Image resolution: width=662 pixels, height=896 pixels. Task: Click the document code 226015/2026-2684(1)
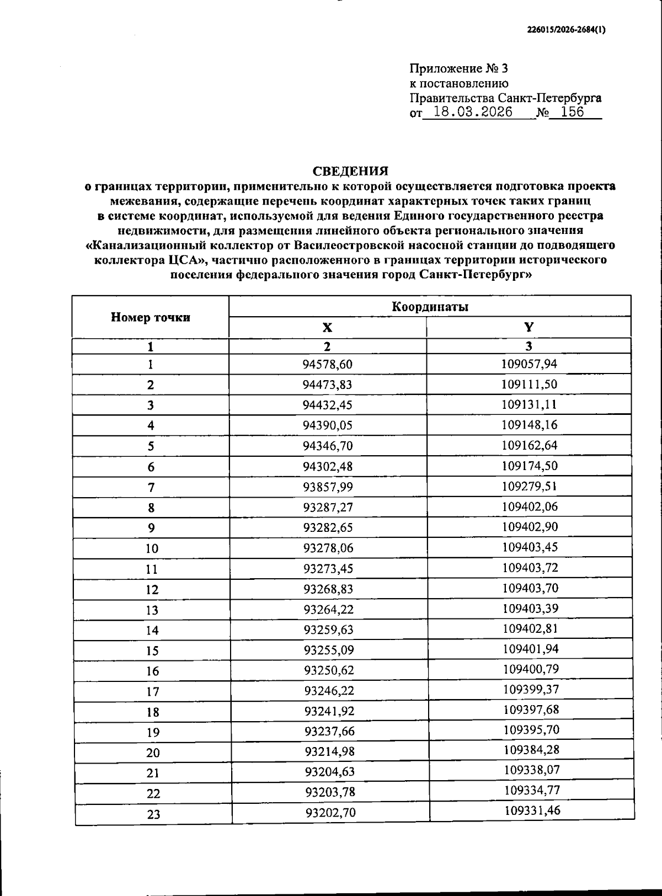[x=566, y=30]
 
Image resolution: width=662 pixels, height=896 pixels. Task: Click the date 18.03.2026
[x=473, y=113]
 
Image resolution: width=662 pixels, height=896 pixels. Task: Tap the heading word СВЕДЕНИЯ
[x=350, y=171]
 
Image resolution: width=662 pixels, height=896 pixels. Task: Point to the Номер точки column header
[x=151, y=317]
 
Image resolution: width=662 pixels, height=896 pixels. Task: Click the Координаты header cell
[x=430, y=307]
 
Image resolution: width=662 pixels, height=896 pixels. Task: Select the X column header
[x=327, y=328]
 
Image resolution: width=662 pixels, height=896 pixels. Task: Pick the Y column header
[x=528, y=327]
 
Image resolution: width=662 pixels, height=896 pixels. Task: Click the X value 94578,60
[x=327, y=364]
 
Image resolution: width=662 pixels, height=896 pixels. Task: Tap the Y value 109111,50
[x=529, y=384]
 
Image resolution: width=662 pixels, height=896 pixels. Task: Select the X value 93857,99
[x=328, y=487]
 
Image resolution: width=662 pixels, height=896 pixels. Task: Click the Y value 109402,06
[x=530, y=506]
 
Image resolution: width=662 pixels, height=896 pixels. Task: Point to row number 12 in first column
[x=152, y=590]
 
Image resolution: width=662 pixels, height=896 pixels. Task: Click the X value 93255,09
[x=329, y=650]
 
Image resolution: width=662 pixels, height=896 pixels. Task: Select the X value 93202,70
[x=330, y=813]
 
